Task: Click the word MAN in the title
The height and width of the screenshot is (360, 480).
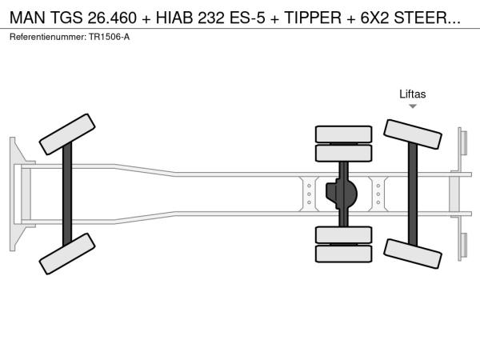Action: coord(27,18)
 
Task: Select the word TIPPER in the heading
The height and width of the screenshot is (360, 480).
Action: coord(313,18)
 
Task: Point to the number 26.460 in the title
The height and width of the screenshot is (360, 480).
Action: coord(112,18)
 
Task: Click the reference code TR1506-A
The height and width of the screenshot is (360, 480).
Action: coord(110,37)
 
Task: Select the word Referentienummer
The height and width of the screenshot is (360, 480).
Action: coord(48,37)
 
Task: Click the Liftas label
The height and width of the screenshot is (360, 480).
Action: coord(412,94)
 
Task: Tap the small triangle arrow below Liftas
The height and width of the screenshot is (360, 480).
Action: coord(413,106)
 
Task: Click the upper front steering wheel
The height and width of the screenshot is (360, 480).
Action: coord(67,134)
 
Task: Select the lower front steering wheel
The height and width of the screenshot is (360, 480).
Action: coord(67,254)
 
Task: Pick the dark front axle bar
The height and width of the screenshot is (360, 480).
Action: coord(67,194)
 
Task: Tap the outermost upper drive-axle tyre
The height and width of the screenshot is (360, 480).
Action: coord(343,134)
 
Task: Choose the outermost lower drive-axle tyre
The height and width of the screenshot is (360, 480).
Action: coord(343,254)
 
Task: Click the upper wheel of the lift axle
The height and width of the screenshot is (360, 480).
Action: coord(412,134)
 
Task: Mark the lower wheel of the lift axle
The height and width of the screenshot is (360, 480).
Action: coord(412,254)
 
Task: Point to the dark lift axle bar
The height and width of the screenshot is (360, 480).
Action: coord(413,194)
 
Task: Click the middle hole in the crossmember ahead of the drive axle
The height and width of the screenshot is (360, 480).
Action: coord(309,194)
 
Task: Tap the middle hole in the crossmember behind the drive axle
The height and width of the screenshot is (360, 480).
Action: coord(378,194)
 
